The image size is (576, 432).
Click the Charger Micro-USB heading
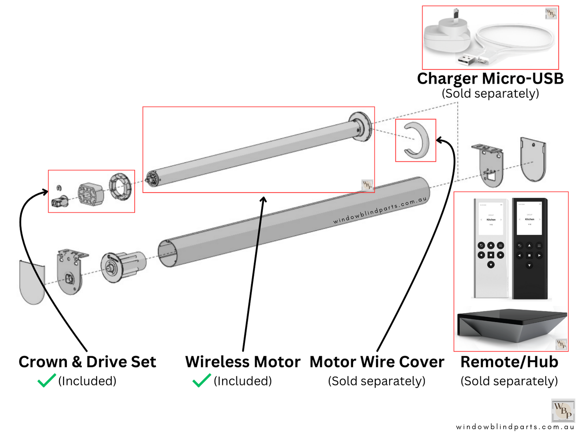point(490,79)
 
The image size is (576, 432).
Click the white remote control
point(490,247)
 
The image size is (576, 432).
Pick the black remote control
point(529,247)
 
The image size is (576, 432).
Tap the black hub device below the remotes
point(512,325)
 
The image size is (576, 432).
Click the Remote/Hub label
point(509,362)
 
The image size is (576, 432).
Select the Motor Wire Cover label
point(377,362)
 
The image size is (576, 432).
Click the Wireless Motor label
point(242,362)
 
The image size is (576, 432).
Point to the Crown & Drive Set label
point(87,362)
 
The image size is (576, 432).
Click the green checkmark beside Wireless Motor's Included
point(201,381)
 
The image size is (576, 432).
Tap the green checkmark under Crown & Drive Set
point(46,381)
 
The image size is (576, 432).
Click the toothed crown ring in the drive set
point(120,186)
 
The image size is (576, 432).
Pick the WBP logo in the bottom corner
point(562,410)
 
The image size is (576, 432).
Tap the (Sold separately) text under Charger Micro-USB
point(490,94)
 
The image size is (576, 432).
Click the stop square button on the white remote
point(491,255)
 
